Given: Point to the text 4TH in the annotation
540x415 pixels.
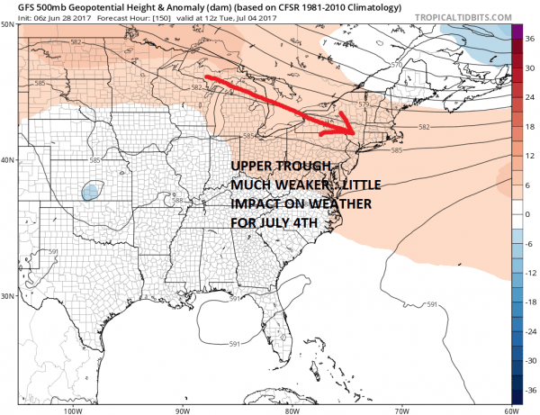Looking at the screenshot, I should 287,221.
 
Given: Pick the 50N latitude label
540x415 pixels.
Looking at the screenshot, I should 8,26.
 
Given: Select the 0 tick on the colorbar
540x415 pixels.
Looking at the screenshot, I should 530,213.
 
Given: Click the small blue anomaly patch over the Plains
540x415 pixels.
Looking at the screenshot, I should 90,192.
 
